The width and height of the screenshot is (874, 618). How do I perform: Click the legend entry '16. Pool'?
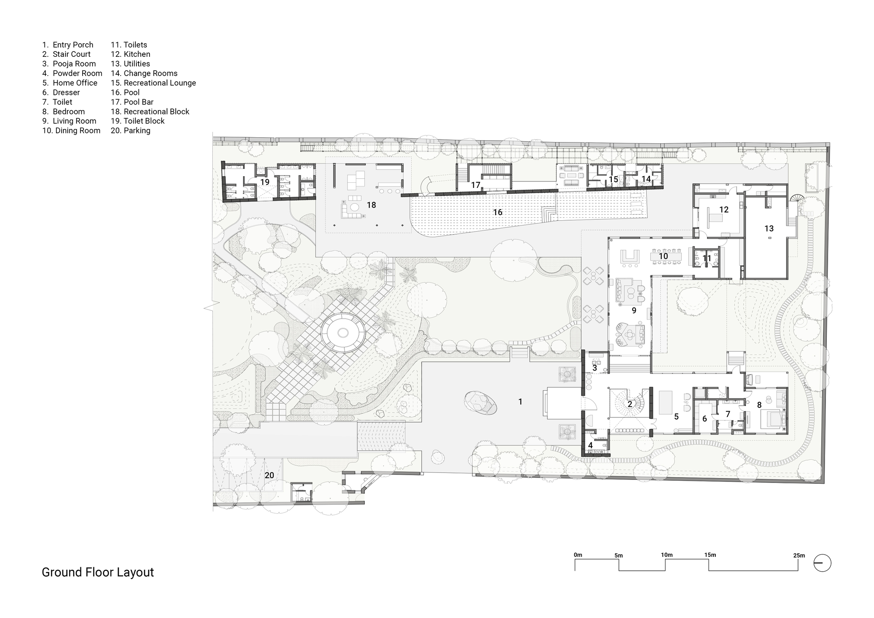tap(125, 92)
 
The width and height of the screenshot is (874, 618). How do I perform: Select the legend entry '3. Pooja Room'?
tap(69, 64)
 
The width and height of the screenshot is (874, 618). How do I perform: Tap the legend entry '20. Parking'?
tap(130, 131)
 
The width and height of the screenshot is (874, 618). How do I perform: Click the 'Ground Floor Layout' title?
tap(97, 572)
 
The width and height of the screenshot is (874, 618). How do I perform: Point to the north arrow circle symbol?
tap(822, 563)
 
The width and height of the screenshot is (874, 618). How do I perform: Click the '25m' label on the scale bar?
tap(799, 556)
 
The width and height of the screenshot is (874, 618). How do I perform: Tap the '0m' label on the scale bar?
tap(578, 555)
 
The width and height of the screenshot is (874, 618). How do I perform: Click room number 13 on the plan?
tap(769, 228)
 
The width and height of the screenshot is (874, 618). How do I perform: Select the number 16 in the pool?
tap(497, 212)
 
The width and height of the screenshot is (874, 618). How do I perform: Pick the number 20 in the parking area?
tap(269, 475)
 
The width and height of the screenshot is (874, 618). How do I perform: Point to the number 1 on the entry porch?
tap(520, 401)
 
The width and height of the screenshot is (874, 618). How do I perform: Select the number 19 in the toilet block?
tap(265, 182)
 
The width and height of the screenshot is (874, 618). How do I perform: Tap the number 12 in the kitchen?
tap(724, 209)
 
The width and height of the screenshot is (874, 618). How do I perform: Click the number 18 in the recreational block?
tap(371, 205)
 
